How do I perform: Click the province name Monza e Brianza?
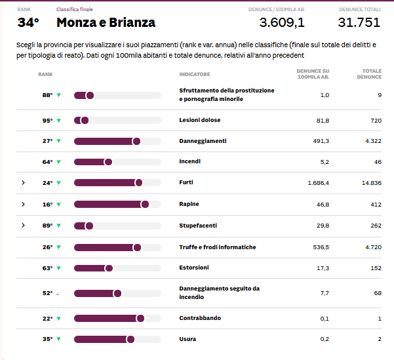(106, 22)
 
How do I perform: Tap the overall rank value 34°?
(28, 22)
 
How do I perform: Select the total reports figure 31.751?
(359, 22)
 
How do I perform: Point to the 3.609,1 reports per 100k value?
(282, 22)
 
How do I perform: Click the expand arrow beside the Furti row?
(23, 183)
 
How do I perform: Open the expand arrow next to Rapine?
(23, 205)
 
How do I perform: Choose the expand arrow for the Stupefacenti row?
(23, 226)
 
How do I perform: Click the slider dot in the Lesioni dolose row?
(85, 121)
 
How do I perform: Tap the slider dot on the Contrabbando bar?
(140, 319)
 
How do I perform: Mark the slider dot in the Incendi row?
(108, 162)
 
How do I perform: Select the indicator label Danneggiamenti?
(203, 141)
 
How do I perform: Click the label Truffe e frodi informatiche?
(217, 247)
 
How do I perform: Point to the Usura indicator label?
(187, 339)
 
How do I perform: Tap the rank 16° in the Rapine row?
(47, 205)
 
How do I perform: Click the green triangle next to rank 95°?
(58, 121)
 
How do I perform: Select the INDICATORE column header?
(195, 75)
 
